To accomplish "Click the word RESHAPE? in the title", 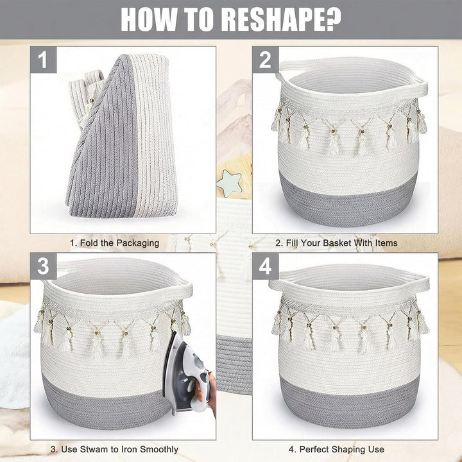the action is coord(281,19).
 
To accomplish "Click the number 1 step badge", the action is coord(44,60).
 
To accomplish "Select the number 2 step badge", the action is coord(266,60).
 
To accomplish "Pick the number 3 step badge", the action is coord(44,266).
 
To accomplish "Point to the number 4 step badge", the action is coord(266,266).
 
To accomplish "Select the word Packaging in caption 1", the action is coord(137,243).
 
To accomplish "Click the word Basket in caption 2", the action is coord(337,243).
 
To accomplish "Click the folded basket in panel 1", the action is coord(122,135).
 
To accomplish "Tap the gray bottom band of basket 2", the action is coord(348,200).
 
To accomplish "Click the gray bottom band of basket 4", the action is coord(350,403).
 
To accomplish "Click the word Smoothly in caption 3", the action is coord(159,450).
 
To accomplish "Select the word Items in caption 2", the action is coord(386,243).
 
